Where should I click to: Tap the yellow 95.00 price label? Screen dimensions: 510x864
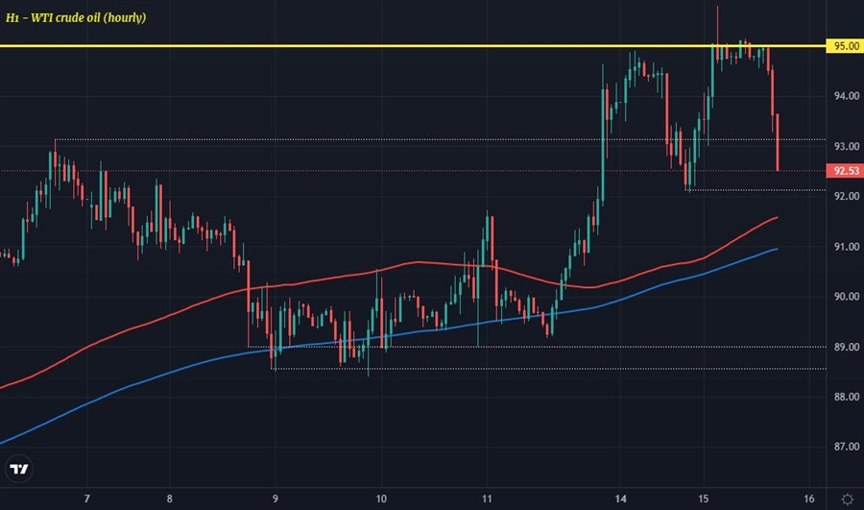(x=844, y=46)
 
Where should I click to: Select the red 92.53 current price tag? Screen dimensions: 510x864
(x=844, y=171)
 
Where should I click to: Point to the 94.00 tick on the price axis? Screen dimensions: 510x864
(x=846, y=96)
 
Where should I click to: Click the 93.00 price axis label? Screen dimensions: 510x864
(x=846, y=146)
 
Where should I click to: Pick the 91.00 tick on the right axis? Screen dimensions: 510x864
(x=846, y=247)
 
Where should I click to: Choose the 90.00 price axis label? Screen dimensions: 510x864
(x=846, y=297)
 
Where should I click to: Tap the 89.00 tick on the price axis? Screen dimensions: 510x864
(x=846, y=347)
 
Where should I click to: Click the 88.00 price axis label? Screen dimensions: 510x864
(x=846, y=397)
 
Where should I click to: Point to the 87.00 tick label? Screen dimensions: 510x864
(x=846, y=447)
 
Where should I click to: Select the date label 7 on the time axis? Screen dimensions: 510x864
(x=87, y=498)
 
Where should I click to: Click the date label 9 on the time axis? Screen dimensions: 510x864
(x=276, y=498)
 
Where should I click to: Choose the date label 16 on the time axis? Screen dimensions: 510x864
(x=809, y=498)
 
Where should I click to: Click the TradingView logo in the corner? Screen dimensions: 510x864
(x=19, y=469)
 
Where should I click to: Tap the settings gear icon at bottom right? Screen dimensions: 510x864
(x=847, y=498)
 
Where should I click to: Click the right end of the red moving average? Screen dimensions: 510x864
(x=776, y=218)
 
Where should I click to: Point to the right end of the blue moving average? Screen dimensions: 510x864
(x=776, y=249)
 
